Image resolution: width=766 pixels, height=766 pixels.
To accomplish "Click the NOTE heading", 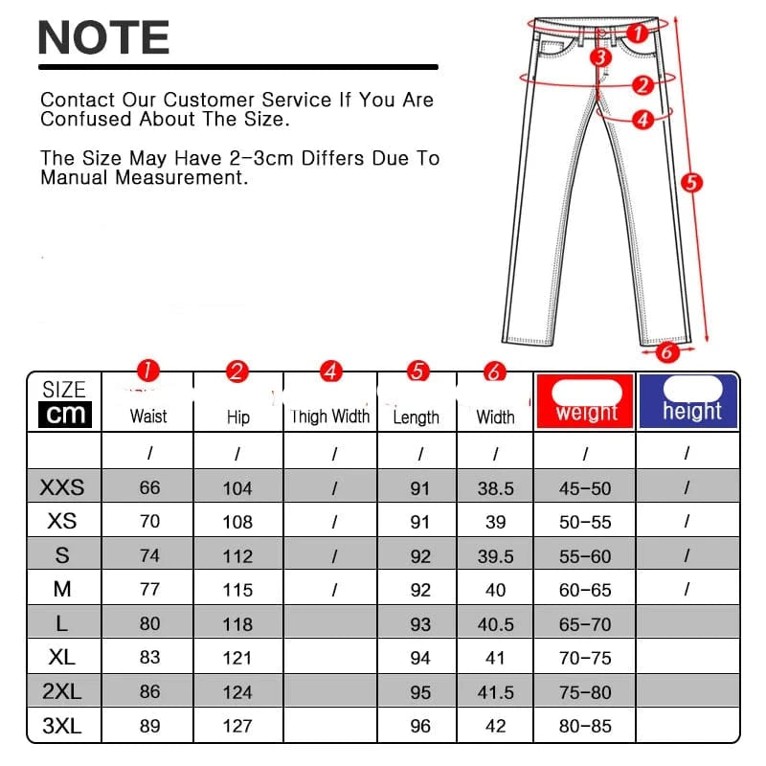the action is [103, 37].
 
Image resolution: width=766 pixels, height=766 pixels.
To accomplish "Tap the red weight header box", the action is [585, 401].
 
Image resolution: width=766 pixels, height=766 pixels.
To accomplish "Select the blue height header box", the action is [687, 401].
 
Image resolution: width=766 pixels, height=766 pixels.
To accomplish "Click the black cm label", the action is [65, 415].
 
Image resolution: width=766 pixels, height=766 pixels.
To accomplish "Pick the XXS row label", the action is [62, 487].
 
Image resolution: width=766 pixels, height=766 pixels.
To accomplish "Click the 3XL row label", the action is [62, 726].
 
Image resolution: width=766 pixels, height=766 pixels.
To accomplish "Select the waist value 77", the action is [149, 589].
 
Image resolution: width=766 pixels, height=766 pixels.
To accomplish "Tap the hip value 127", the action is [237, 726].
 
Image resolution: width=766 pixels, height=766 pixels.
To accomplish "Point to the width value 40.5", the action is [495, 624].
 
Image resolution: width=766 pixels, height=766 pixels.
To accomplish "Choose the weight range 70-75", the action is [585, 658].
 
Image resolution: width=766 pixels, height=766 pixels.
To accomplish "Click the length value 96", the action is [420, 726].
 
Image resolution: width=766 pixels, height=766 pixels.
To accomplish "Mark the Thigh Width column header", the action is [330, 417].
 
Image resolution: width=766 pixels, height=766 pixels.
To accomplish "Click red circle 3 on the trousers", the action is [600, 57].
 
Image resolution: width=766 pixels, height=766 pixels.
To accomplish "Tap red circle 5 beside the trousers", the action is [691, 183].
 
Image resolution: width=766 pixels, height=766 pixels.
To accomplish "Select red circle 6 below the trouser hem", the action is [666, 351].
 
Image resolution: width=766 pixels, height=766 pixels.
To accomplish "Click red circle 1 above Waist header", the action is [148, 370].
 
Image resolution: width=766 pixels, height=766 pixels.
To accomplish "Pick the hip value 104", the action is [237, 488].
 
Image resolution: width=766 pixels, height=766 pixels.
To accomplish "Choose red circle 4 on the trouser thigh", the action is [642, 120].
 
